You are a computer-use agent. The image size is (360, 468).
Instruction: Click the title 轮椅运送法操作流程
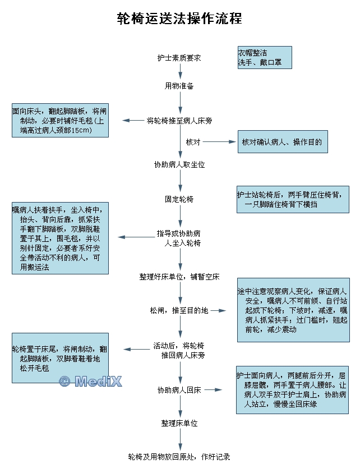179,19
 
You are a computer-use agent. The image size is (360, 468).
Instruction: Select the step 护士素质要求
179,58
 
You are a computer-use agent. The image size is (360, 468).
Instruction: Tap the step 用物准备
179,86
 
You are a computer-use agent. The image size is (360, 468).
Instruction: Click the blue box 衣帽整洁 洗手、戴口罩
265,58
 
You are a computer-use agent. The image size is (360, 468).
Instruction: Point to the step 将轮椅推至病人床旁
179,120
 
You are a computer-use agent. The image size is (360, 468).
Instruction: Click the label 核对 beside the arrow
193,142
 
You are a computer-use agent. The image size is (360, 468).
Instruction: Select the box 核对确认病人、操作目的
282,142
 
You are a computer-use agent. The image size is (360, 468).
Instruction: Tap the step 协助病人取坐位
179,164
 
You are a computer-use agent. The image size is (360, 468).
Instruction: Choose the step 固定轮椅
179,199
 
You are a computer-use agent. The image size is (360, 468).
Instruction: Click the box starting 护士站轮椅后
293,199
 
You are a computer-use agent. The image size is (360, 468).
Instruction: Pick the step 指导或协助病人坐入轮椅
179,238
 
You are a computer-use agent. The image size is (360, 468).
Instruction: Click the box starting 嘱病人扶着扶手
61,238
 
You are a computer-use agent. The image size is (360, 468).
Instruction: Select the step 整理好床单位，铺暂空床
179,277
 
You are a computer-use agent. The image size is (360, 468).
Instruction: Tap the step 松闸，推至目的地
179,310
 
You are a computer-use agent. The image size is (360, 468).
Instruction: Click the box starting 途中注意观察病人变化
293,310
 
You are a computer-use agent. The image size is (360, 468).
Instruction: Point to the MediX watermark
90,382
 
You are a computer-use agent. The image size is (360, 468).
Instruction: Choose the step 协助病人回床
179,390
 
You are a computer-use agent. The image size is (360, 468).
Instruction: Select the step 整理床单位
179,423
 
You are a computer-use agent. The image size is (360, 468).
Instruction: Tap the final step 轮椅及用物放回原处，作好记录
179,457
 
